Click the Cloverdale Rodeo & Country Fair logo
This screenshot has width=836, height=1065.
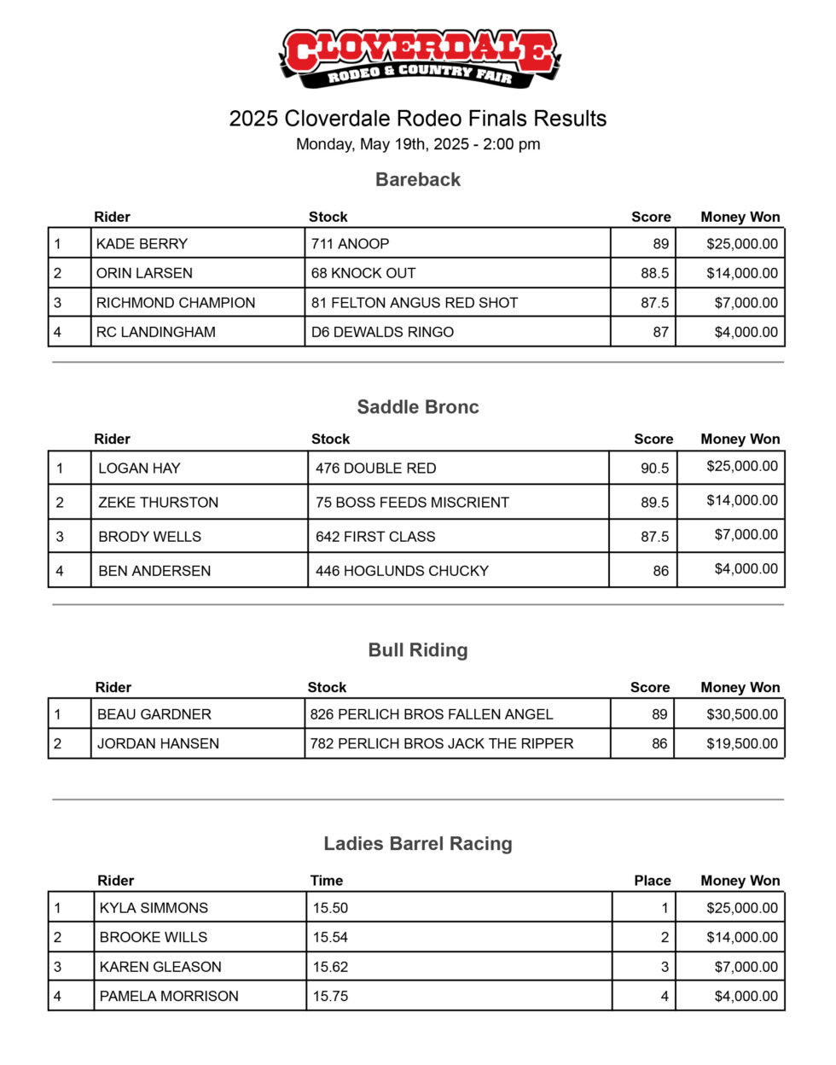(x=418, y=58)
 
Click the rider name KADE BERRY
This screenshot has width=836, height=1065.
(x=142, y=244)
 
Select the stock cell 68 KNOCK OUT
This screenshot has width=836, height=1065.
(x=363, y=273)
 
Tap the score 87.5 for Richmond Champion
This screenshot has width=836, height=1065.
(x=654, y=303)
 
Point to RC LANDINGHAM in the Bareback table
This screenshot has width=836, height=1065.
(x=156, y=332)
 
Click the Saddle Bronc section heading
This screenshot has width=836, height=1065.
(x=418, y=407)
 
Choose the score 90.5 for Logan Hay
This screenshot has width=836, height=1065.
(x=654, y=468)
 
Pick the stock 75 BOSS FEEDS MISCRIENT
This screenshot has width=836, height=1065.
(x=412, y=503)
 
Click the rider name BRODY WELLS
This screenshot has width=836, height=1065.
(x=150, y=537)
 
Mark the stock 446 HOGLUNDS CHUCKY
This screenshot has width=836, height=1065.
(x=402, y=571)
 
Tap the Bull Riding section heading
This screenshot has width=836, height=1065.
(x=418, y=650)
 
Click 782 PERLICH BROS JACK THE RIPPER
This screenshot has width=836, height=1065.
(x=442, y=743)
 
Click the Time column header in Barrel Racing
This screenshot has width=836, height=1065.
(x=327, y=881)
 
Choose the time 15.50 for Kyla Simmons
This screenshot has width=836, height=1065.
(x=331, y=908)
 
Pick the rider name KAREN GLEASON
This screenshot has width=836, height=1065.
(x=160, y=967)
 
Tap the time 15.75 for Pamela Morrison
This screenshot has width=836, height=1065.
(x=331, y=996)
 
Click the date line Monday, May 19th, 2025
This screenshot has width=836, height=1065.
(x=418, y=144)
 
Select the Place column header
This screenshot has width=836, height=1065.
(x=653, y=881)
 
